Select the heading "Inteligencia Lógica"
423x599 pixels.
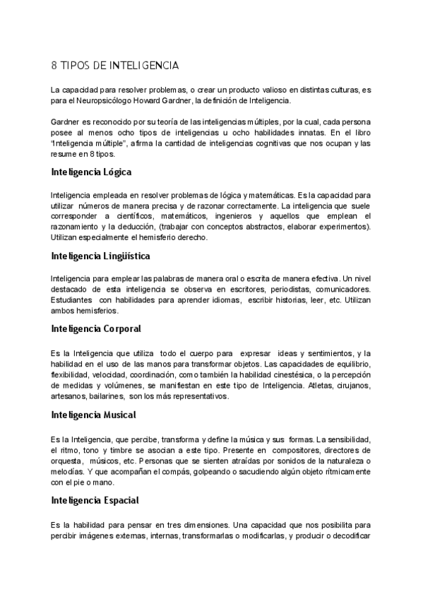click(x=91, y=172)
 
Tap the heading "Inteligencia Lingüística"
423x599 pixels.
click(x=100, y=255)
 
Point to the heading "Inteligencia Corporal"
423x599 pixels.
click(x=96, y=328)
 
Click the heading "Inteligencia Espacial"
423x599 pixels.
click(x=95, y=501)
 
